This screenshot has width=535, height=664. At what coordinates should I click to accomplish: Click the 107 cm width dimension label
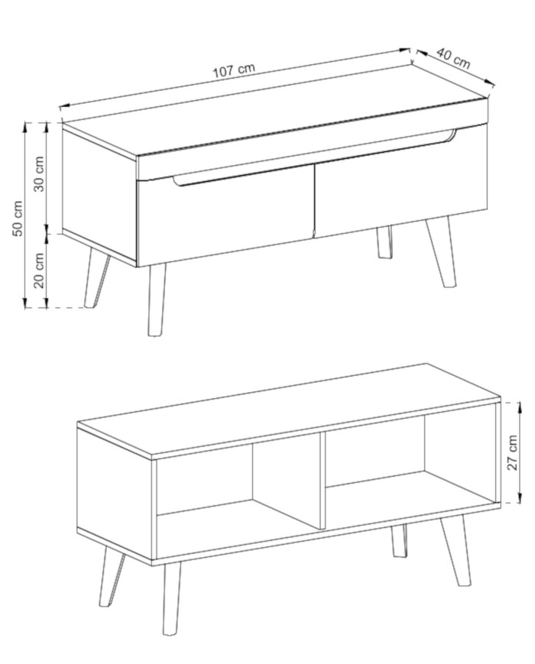coord(233,70)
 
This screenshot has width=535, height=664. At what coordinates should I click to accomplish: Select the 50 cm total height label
coord(18,219)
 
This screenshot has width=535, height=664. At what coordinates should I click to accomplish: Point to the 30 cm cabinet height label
coord(39,173)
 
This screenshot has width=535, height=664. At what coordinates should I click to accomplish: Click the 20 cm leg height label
coord(39,270)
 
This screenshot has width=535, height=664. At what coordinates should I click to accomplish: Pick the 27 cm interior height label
coord(513,452)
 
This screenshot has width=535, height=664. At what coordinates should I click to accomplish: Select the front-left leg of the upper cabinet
coord(156,300)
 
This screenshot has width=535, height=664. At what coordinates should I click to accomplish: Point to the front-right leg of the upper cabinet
coord(442,252)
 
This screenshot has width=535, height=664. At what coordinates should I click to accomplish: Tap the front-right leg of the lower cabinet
coord(456,550)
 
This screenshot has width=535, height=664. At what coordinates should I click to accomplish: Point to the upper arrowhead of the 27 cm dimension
coord(520,406)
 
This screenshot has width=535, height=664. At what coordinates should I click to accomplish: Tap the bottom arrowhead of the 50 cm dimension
coord(24,303)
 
